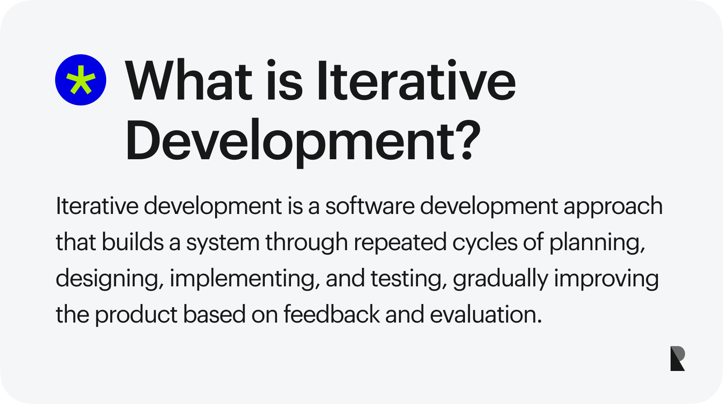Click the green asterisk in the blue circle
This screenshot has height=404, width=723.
point(81,80)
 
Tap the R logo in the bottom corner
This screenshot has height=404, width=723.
point(677,358)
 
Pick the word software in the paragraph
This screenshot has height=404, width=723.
point(370,206)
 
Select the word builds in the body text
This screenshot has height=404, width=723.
point(133,242)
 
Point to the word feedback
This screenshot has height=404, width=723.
point(332,313)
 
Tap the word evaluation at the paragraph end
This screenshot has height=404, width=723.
point(486,314)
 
